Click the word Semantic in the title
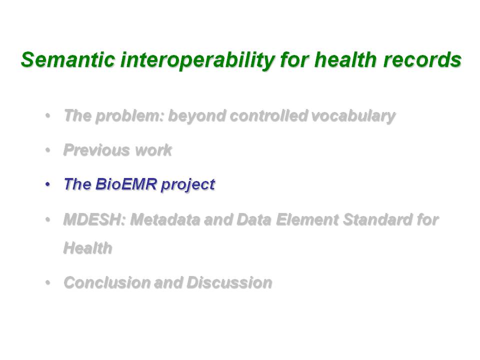click(x=68, y=59)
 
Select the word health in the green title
click(x=345, y=59)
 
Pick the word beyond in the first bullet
click(x=197, y=116)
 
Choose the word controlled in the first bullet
click(x=269, y=115)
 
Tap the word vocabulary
click(x=353, y=116)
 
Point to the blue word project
click(x=188, y=185)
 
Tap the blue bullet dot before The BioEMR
click(x=47, y=184)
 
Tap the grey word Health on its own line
click(x=88, y=247)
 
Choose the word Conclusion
click(x=107, y=282)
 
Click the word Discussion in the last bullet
click(x=229, y=282)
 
